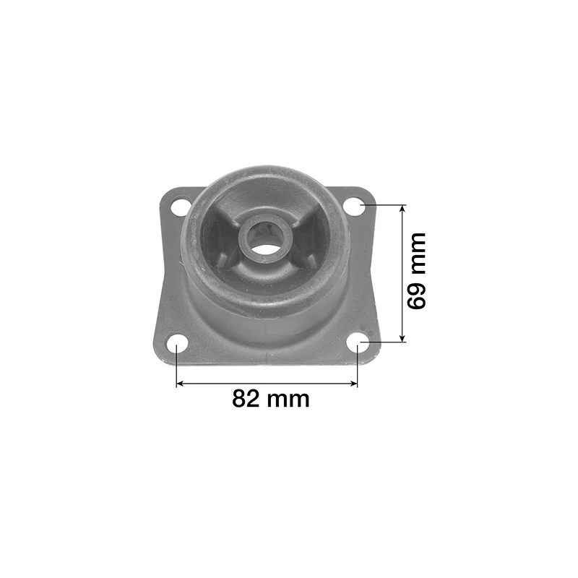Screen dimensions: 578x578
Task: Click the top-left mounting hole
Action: click(x=181, y=207)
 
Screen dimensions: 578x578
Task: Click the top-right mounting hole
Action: click(x=354, y=206)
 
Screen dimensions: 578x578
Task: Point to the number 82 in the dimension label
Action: click(x=246, y=399)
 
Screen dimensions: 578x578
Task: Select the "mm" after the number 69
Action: click(x=418, y=254)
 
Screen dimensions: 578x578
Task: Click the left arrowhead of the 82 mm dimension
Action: click(x=180, y=384)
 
